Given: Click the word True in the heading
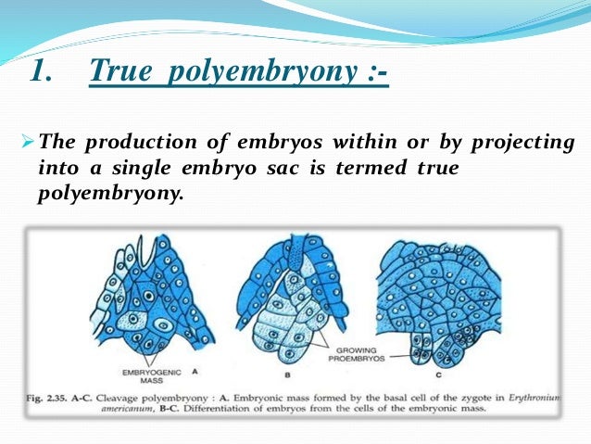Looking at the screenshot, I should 122,72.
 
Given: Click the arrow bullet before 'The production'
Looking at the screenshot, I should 27,142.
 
